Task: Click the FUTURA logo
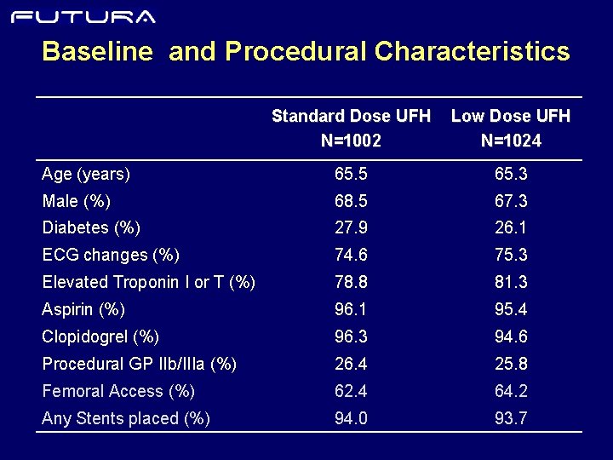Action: point(83,16)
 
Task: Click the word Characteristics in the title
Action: point(472,52)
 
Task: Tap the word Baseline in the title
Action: point(97,52)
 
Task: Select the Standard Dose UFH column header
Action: point(351,116)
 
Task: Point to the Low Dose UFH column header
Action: point(511,116)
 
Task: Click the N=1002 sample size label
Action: point(351,141)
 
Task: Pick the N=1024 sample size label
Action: point(511,141)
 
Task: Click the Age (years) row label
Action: point(86,175)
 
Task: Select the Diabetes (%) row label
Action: point(91,228)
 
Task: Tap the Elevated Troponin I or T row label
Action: point(148,282)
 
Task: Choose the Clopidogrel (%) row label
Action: point(100,336)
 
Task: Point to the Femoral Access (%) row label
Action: point(118,391)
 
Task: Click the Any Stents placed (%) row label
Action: point(126,418)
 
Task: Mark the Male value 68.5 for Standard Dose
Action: point(351,202)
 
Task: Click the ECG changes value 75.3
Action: point(511,256)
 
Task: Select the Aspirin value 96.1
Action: point(351,309)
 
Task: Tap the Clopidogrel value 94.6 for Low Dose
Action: point(511,336)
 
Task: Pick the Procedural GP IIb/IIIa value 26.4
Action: point(351,364)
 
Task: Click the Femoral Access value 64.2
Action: point(511,391)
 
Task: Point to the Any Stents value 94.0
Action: point(351,418)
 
